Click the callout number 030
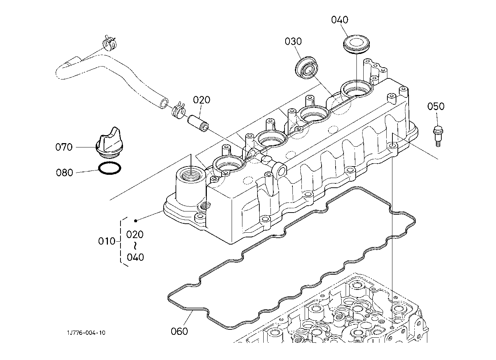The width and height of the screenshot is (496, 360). pos(293,41)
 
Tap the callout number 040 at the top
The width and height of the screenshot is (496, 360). pos(340,20)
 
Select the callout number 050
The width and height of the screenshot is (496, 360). pos(436,106)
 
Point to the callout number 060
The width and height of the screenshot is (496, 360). pos(179,331)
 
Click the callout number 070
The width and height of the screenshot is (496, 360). pos(64,147)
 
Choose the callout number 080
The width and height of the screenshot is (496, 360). pos(64,173)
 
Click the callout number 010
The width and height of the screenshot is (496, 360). pos(106,241)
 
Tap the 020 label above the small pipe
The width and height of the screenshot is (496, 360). pos(201,100)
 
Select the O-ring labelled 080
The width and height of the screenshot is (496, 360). pos(109,168)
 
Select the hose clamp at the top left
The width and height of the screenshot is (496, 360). pos(109,43)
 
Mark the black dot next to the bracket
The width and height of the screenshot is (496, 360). pos(136,220)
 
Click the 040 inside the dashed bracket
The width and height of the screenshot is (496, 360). pos(135,257)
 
